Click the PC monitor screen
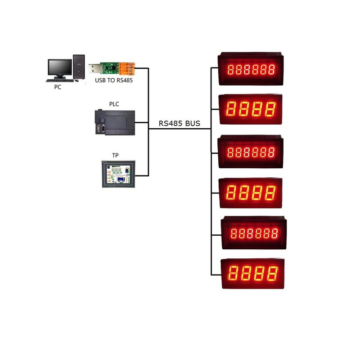click(60, 67)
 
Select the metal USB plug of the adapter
click(94, 69)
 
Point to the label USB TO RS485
click(114, 81)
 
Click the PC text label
click(58, 87)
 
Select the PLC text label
click(114, 104)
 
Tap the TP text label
click(115, 155)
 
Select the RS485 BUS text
click(180, 123)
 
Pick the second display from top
click(251, 109)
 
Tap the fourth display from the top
click(251, 193)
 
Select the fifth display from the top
click(253, 233)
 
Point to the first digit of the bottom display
click(234, 273)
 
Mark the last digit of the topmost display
click(271, 70)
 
